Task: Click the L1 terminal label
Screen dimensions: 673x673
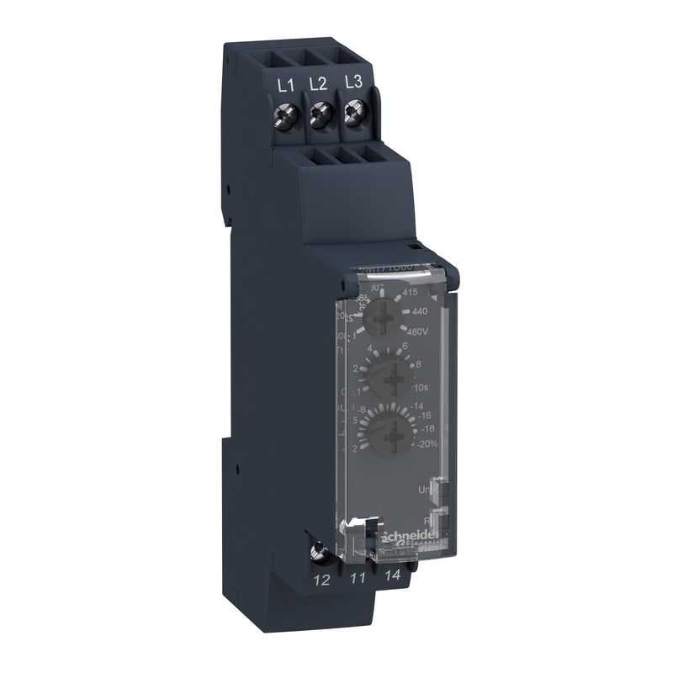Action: [x=284, y=83]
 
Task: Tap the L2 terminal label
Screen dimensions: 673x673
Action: [x=317, y=83]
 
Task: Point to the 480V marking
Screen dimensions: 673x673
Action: [x=421, y=330]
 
